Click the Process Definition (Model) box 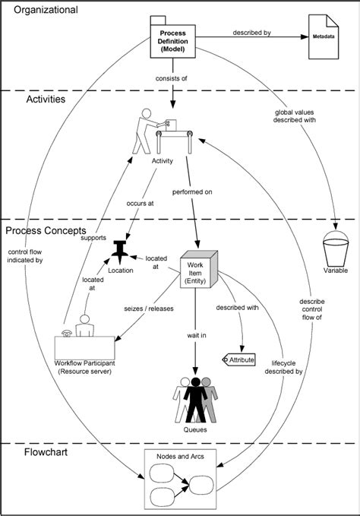172,40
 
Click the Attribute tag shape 238,359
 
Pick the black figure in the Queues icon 197,398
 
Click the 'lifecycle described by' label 288,368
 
